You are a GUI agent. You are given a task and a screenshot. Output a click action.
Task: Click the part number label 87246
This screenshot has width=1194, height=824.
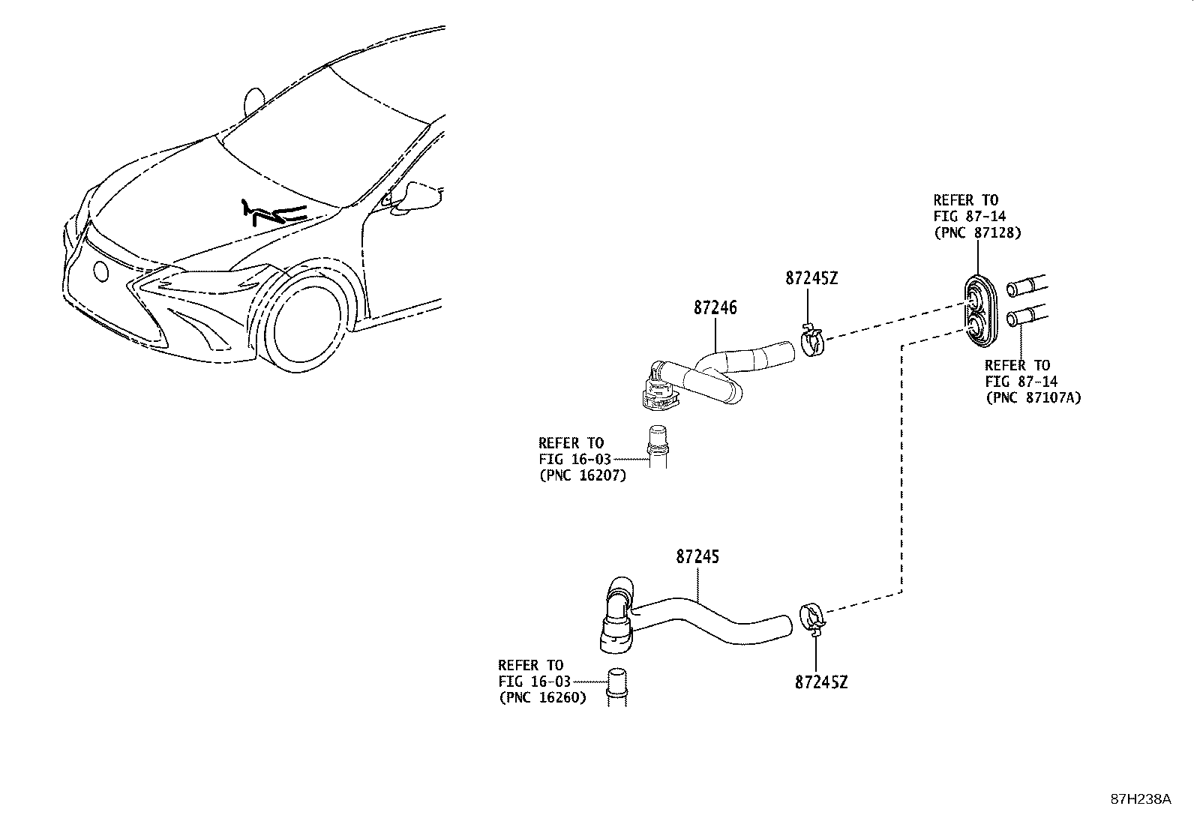[x=714, y=308]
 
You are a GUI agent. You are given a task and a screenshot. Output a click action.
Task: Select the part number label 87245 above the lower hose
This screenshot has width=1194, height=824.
[x=697, y=557]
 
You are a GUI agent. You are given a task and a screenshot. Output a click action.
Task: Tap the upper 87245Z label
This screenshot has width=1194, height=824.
[x=811, y=278]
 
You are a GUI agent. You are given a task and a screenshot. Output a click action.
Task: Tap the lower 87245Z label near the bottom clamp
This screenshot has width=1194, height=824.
[x=821, y=683]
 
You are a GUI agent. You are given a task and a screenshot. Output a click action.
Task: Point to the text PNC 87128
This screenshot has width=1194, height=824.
[x=977, y=233]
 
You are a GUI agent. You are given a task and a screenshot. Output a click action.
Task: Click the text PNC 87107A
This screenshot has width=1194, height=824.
[x=1033, y=398]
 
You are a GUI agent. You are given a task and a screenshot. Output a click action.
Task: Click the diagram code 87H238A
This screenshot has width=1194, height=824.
[x=1140, y=799]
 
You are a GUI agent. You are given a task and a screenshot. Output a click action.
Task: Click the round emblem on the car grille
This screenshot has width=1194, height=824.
[x=100, y=271]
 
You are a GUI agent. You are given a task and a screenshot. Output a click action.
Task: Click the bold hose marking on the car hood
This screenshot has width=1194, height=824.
[x=274, y=213]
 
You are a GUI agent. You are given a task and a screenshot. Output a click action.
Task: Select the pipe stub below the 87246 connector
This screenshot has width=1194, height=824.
[x=657, y=448]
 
